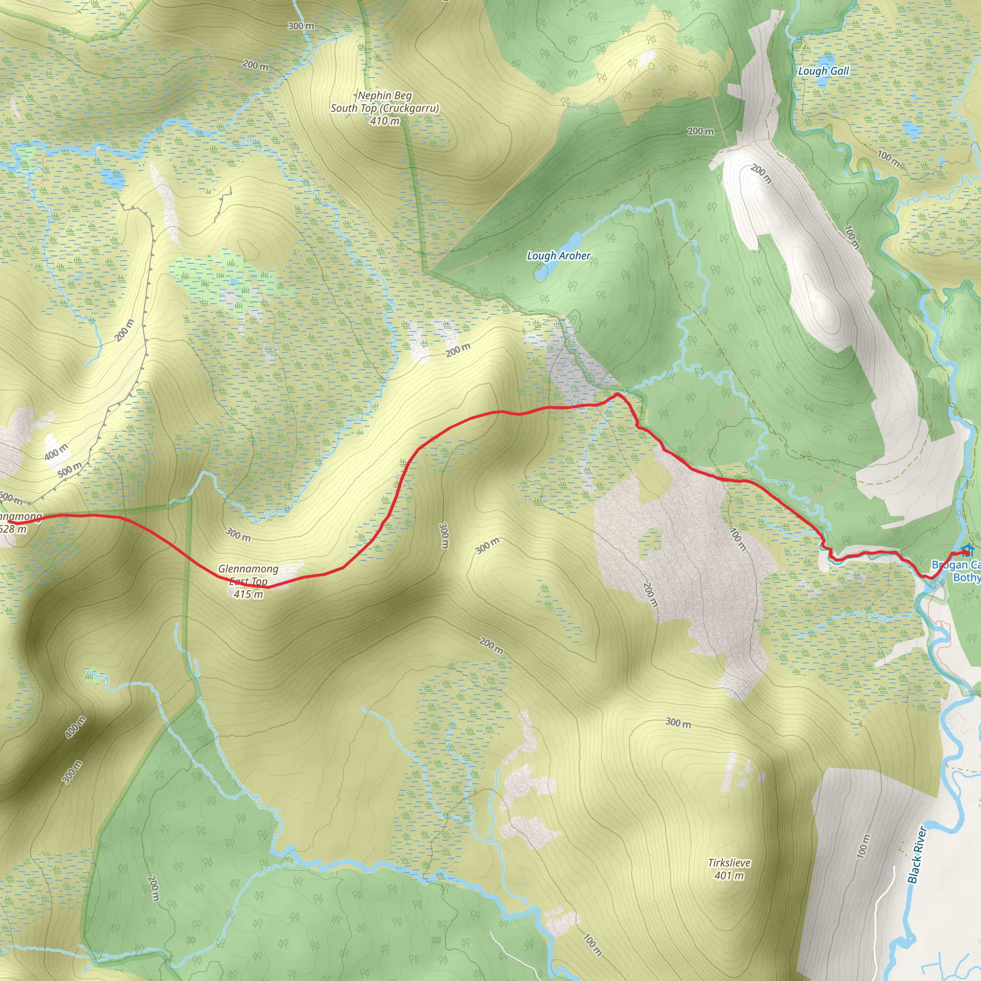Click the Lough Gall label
(823, 71)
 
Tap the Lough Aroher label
(559, 255)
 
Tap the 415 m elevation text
(248, 594)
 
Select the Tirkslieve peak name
(729, 863)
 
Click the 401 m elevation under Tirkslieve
(729, 876)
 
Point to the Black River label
(916, 855)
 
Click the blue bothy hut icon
(967, 549)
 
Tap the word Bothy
(966, 577)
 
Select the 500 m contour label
(69, 470)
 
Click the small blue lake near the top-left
(113, 178)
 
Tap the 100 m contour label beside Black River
(863, 846)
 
